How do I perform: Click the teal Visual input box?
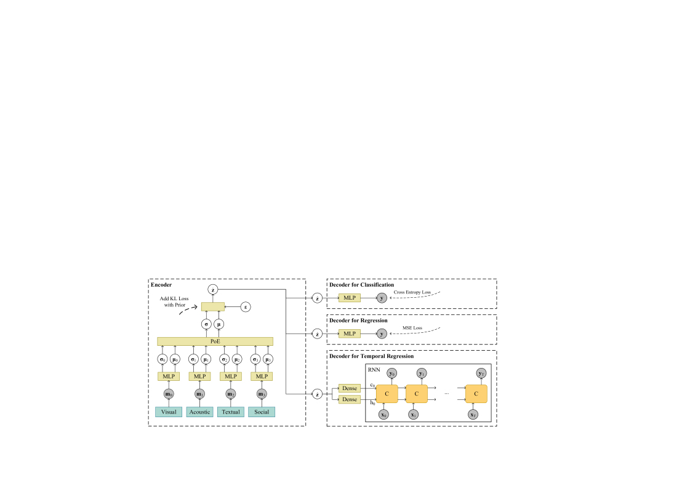coord(168,412)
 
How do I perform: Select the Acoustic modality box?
coord(199,412)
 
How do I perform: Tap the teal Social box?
coord(262,412)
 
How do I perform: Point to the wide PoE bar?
coord(215,341)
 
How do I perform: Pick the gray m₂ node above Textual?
coord(230,394)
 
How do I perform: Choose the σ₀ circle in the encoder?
coord(162,359)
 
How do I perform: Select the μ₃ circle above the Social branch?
coord(268,359)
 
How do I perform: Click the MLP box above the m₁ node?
coord(199,377)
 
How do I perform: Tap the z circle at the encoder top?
coord(213,289)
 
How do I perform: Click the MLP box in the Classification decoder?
coord(350,298)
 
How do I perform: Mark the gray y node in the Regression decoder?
coord(382,333)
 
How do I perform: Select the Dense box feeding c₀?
coord(350,388)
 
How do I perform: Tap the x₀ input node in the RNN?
coord(384,414)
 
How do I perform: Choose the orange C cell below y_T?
coord(476,393)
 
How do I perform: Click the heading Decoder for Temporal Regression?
coord(370,356)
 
